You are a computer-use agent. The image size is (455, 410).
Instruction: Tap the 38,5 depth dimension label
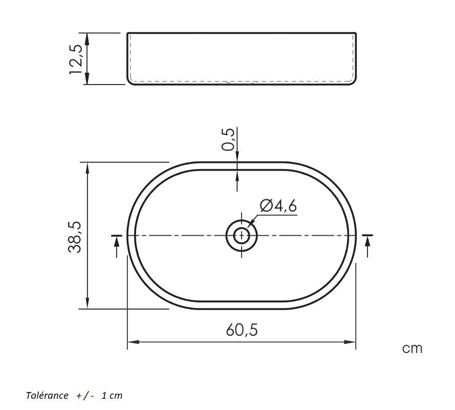pos(75,237)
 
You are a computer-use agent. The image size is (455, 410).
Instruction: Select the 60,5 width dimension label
pos(242,330)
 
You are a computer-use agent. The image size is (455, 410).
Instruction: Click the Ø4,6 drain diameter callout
pos(278,206)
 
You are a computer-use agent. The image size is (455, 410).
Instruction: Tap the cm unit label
pos(412,348)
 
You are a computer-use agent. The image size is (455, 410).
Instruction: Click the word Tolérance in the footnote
pos(47,396)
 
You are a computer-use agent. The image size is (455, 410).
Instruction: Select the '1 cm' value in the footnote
pos(112,396)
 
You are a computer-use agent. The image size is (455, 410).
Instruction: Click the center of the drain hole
pos(242,235)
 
